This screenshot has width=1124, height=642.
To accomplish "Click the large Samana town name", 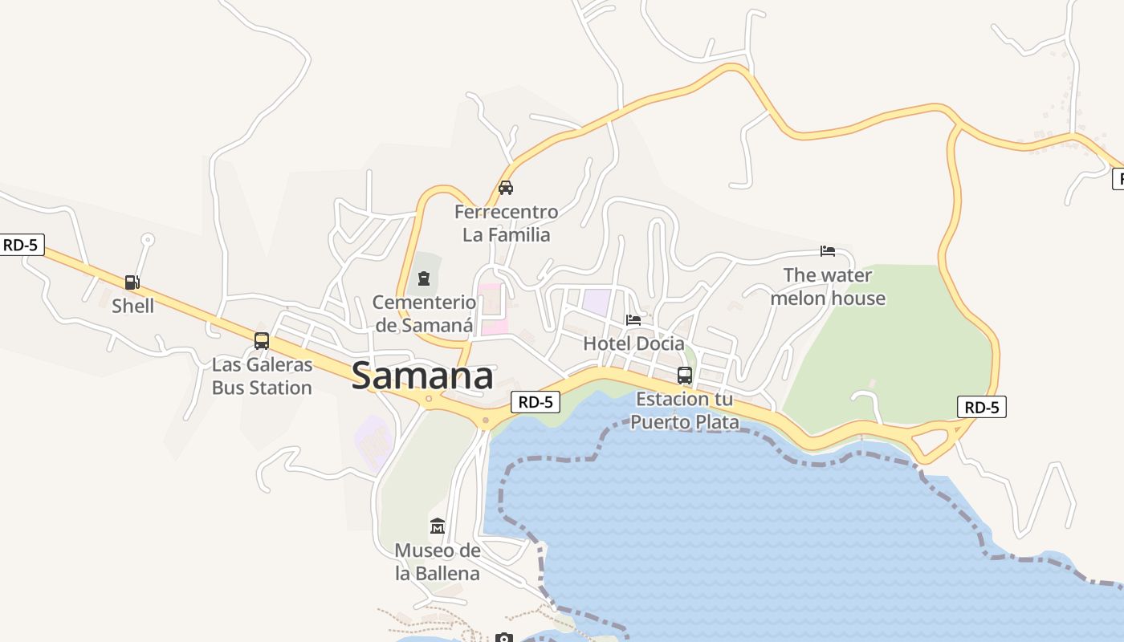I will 422,376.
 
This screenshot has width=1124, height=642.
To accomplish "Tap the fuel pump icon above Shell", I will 132,282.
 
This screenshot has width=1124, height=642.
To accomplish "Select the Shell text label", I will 132,306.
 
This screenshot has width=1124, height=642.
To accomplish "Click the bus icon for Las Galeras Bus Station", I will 262,341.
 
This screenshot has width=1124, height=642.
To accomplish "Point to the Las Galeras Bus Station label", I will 262,376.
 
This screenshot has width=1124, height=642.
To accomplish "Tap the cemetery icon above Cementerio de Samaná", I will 423,279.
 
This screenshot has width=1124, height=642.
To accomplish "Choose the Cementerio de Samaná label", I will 424,314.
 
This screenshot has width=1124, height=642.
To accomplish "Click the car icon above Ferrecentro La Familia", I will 506,189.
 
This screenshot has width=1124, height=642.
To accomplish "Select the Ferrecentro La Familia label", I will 506,223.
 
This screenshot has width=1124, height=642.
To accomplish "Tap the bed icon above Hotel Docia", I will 633,320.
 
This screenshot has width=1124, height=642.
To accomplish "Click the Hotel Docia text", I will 633,343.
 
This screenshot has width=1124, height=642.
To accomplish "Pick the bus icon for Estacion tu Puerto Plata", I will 685,376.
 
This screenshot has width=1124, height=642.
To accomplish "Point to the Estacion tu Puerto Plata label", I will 685,410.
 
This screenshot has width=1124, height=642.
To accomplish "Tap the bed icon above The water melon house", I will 828,251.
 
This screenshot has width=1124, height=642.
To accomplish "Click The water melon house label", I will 828,286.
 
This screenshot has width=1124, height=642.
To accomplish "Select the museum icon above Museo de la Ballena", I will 438,526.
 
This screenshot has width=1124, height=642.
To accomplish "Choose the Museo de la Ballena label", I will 438,562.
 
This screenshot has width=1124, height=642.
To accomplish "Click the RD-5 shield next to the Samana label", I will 536,402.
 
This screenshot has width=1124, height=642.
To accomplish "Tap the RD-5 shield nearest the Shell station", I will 21,245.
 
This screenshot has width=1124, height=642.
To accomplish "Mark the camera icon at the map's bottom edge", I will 503,638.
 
